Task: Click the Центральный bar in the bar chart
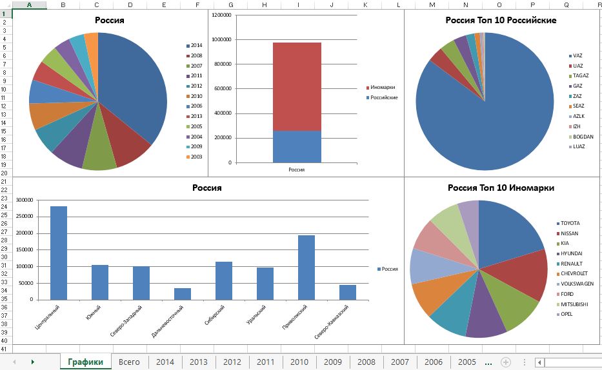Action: tap(59, 253)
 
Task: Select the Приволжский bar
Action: tap(306, 268)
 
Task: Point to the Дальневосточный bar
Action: tap(183, 293)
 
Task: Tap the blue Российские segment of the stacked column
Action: tap(297, 146)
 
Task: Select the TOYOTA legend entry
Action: tap(570, 223)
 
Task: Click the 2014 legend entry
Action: tap(196, 46)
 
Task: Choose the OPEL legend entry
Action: tap(567, 315)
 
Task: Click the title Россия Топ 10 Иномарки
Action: tap(501, 188)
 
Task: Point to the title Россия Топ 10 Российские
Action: tap(501, 20)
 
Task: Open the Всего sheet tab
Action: tap(130, 362)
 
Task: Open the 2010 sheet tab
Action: tap(299, 362)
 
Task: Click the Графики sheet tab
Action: tap(85, 362)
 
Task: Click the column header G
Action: tap(230, 5)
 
